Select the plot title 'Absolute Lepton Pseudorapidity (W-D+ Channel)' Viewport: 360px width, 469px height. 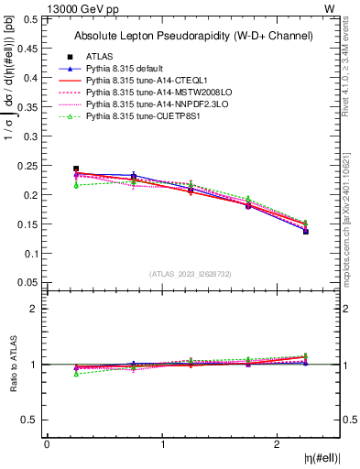[x=193, y=36]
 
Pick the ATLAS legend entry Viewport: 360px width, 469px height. [x=101, y=56]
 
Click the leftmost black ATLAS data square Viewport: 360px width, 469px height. [x=76, y=169]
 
